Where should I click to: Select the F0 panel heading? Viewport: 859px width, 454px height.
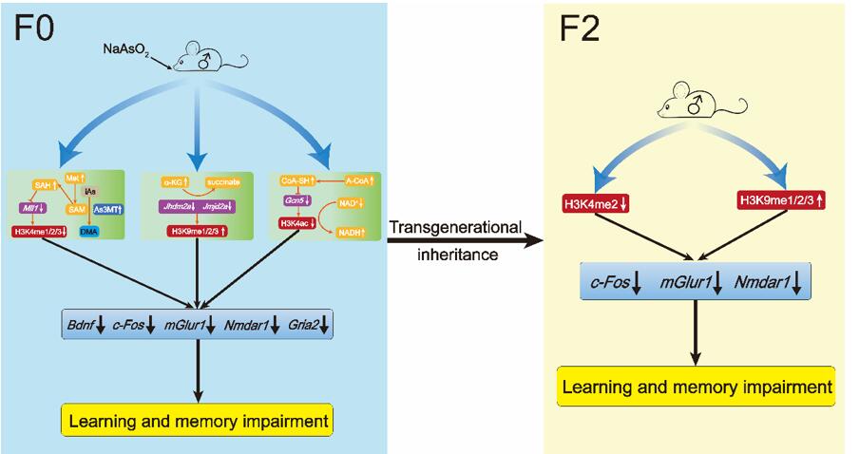(34, 28)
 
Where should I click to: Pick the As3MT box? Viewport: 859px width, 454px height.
(107, 209)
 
